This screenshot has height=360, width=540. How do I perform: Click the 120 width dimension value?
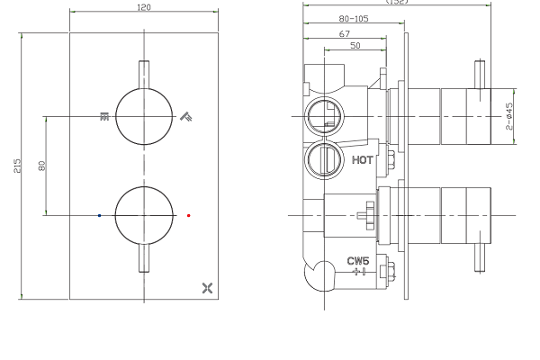144,7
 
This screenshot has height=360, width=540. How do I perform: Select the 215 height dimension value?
16,166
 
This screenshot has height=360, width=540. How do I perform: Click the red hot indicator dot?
189,216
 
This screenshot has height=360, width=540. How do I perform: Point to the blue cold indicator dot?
99,216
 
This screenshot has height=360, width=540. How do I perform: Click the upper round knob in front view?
144,116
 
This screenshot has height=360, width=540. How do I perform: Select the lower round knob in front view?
144,215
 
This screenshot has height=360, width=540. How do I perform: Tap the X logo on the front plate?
210,288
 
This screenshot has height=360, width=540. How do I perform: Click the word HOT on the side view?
362,160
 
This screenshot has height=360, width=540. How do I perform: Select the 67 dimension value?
345,32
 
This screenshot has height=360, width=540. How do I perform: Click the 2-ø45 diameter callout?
509,117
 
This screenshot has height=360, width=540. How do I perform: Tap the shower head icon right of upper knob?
186,116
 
